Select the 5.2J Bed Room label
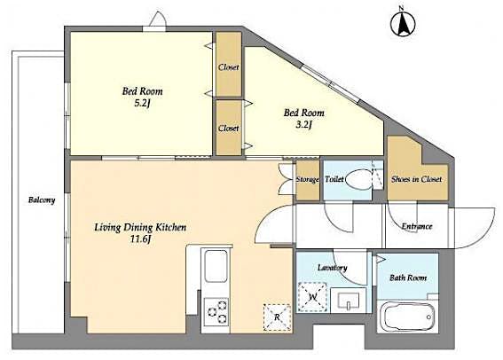(x=142, y=97)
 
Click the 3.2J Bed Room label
(x=303, y=119)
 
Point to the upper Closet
(x=229, y=65)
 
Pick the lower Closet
(x=229, y=128)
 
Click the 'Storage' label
(x=307, y=179)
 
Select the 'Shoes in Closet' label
(x=416, y=179)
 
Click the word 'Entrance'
(x=416, y=226)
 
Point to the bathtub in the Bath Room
(x=407, y=316)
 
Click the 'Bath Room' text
(x=407, y=278)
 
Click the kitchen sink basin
(x=216, y=266)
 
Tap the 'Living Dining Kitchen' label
(x=140, y=227)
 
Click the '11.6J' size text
(x=140, y=240)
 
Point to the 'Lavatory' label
(x=332, y=267)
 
